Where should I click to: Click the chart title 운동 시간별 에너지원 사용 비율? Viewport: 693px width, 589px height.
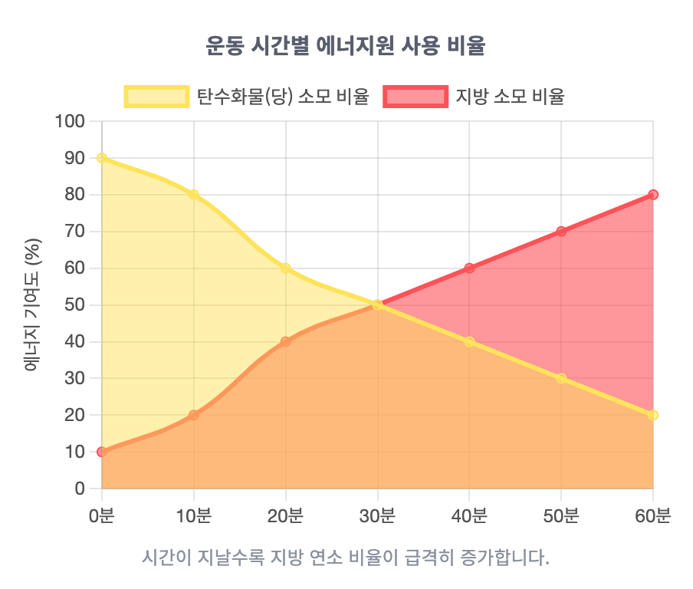[346, 45]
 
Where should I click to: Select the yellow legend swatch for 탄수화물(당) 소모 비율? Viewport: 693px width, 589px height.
[156, 97]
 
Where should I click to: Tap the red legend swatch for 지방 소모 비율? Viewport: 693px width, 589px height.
[415, 97]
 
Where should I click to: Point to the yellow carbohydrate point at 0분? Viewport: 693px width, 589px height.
[102, 158]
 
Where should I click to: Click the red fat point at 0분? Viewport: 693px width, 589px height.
[102, 452]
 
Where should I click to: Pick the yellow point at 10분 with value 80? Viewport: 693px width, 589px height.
[194, 195]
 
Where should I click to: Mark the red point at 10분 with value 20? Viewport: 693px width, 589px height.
[194, 415]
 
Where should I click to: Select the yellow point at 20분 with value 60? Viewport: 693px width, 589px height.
[286, 268]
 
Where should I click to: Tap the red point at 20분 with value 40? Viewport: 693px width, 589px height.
[286, 341]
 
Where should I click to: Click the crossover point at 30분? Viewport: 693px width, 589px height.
[377, 305]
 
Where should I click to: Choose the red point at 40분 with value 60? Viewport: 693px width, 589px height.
[469, 268]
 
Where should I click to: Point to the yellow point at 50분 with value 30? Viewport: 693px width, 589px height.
[561, 378]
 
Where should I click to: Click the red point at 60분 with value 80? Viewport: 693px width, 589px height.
[653, 195]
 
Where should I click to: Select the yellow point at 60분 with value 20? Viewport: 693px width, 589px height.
[653, 415]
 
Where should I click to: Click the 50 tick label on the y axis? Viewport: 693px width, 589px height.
[75, 305]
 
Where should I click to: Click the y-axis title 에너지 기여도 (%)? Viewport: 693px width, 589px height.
[32, 305]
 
